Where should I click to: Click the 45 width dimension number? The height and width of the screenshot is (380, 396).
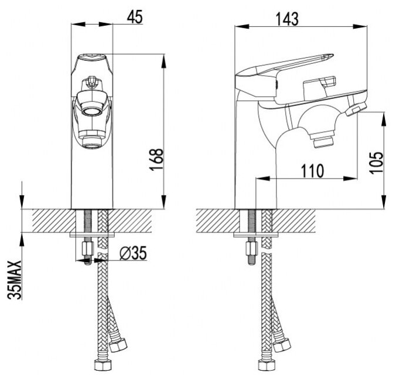135,17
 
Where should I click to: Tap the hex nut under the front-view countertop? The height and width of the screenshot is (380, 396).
87,251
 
